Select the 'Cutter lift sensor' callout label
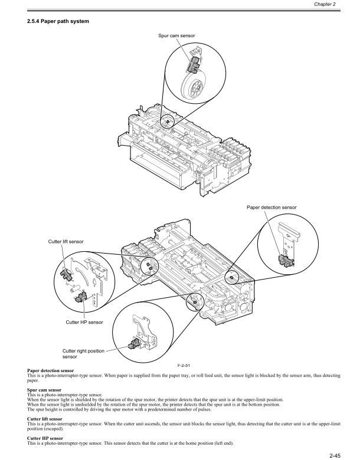(66, 241)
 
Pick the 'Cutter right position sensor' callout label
(83, 353)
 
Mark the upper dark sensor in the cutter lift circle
(66, 274)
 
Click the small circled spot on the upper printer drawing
(167, 122)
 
